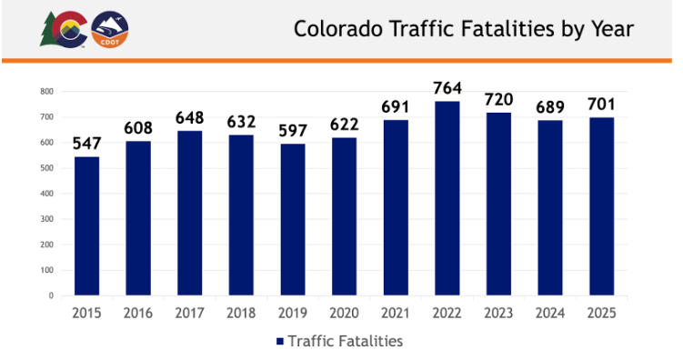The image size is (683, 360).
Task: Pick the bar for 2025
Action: [601, 206]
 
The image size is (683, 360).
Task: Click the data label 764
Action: [447, 88]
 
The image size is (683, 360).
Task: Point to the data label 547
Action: [86, 144]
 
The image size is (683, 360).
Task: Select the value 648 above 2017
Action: [189, 118]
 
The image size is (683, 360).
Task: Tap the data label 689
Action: [550, 107]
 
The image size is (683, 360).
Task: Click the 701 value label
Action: [601, 105]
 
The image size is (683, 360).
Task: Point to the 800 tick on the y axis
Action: [46, 92]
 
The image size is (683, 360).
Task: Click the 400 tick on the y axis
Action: [46, 194]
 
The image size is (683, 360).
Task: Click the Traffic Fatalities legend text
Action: [345, 341]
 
